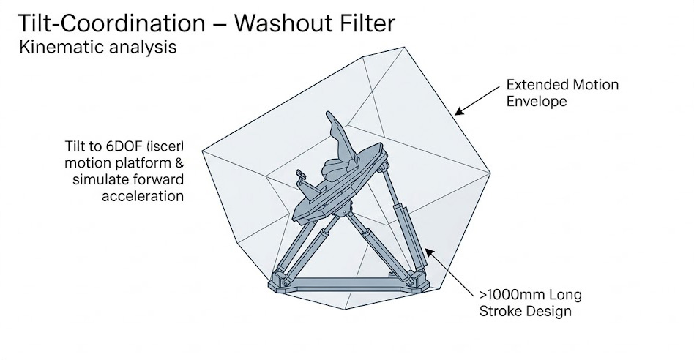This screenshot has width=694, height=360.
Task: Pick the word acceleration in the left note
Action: [143, 195]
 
